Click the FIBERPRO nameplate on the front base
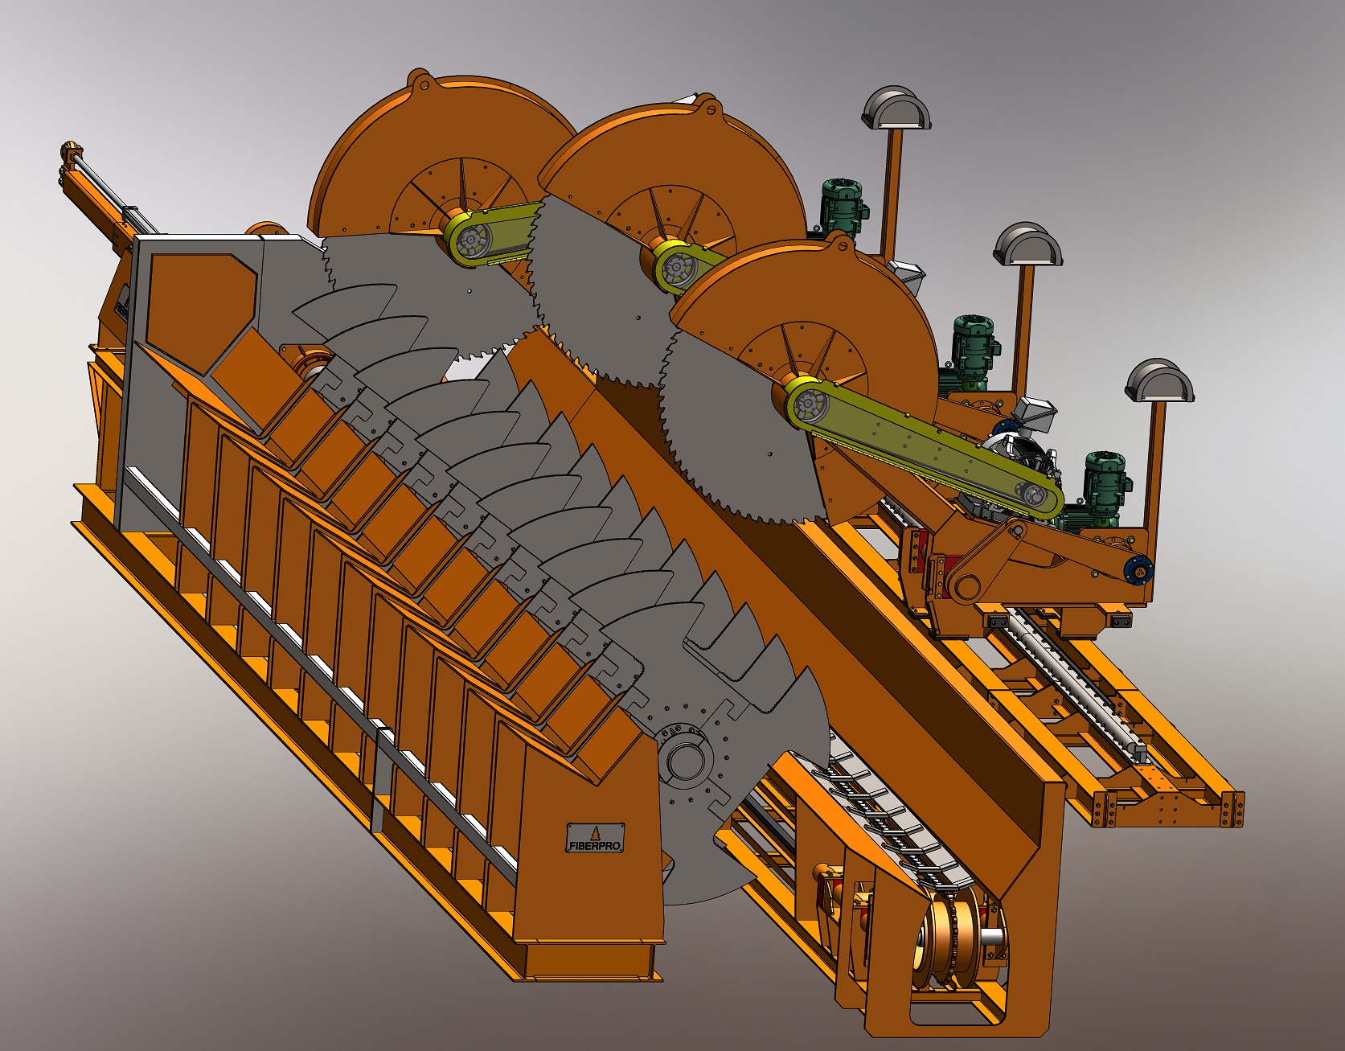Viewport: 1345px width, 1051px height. [596, 838]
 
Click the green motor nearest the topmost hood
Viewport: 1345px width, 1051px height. [843, 207]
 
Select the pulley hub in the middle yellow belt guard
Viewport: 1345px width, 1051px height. [679, 269]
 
